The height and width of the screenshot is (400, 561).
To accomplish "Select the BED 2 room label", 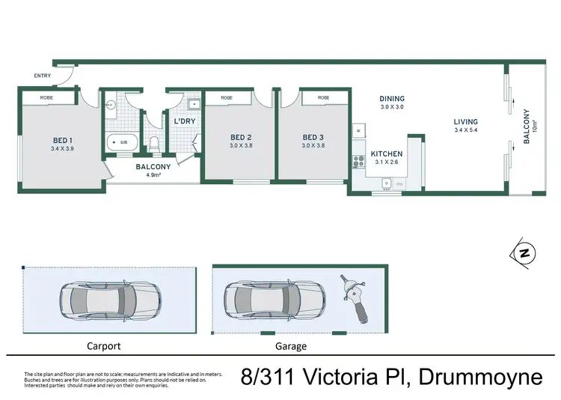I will click(x=239, y=137).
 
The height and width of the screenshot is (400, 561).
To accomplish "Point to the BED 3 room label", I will click(x=313, y=137).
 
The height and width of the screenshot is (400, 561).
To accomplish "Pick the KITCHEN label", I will click(x=387, y=154).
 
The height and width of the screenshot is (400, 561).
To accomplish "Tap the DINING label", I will click(x=392, y=98).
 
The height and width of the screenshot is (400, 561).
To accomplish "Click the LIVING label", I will click(x=465, y=121).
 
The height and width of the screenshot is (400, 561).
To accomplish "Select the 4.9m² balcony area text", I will click(x=153, y=175).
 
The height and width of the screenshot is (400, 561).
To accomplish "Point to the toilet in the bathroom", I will click(x=155, y=142).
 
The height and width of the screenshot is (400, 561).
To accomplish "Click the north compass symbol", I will click(x=525, y=253).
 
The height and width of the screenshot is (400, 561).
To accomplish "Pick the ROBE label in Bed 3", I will click(x=323, y=97).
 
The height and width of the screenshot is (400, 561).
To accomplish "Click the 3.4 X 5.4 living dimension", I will click(x=465, y=130).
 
